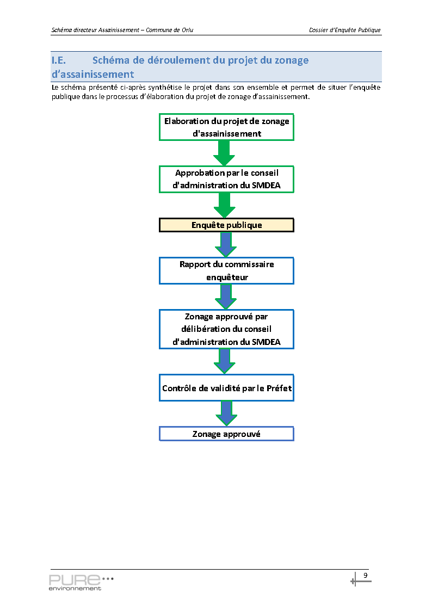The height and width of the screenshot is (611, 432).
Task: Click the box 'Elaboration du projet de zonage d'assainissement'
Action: (226, 127)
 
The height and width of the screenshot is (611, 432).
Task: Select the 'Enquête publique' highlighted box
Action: (226, 225)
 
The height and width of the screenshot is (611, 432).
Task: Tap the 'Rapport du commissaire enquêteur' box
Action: (226, 271)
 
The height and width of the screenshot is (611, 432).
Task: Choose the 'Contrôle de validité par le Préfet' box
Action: (226, 388)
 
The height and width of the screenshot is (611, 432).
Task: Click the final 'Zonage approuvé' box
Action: (226, 434)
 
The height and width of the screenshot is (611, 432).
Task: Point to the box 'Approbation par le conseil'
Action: (226, 179)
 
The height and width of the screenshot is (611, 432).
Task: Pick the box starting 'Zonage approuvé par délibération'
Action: (226, 329)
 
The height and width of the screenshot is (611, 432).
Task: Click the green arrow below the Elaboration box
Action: (224, 153)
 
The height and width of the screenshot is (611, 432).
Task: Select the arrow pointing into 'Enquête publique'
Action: (224, 205)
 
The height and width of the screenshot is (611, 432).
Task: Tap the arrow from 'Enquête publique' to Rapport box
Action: (226, 245)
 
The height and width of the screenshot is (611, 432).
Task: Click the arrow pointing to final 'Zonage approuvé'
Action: (226, 413)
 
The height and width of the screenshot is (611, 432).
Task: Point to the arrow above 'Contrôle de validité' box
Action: (224, 362)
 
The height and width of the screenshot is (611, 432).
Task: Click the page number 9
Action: (366, 575)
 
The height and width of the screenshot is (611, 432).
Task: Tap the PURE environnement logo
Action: (81, 582)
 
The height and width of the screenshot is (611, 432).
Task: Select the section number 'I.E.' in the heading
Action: (59, 60)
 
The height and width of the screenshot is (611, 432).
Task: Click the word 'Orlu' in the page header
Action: (187, 30)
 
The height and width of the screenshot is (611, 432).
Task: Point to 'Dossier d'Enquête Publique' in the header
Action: (345, 30)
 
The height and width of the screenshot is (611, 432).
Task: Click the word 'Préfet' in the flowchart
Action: (279, 388)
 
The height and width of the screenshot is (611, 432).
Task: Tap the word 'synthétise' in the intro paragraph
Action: (165, 88)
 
